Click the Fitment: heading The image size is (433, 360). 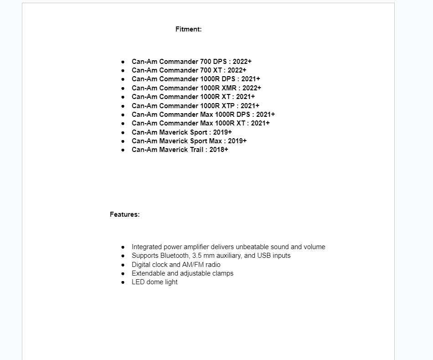coord(188,29)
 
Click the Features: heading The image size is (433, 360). coord(124,214)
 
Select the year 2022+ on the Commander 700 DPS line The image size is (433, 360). coord(242,62)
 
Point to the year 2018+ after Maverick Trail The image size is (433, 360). coord(219,150)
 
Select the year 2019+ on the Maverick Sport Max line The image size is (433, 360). coord(237,141)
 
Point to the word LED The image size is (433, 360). coord(138,282)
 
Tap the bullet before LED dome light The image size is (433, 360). coord(123,282)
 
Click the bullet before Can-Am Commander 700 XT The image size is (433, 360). coord(123,71)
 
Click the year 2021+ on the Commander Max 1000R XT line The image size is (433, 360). coord(260,123)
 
